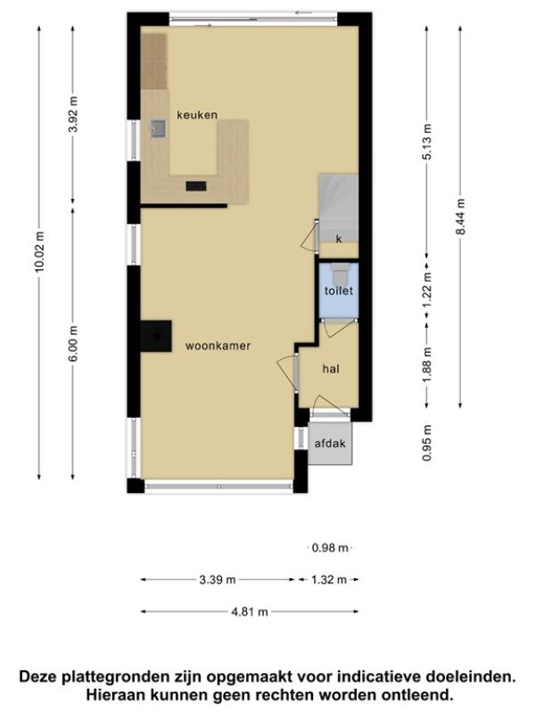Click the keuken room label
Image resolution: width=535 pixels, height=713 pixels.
coord(197,115)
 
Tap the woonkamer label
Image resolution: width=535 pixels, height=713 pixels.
coord(218,346)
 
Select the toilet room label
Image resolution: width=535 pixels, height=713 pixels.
coord(339,291)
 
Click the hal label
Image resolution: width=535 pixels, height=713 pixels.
coord(331,369)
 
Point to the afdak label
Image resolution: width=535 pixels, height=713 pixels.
coord(330,443)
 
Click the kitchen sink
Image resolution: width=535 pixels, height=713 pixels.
coord(158,128)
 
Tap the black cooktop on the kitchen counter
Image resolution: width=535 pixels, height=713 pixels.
coord(196,186)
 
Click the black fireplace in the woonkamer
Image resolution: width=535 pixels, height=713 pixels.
coord(156,336)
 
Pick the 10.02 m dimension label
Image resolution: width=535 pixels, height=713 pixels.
coord(39,252)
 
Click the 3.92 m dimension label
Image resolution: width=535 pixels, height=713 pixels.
coord(73,114)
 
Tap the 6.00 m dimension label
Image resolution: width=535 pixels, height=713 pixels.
coord(73,343)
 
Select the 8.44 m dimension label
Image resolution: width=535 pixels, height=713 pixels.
coord(460,217)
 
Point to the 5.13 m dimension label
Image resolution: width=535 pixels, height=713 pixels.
coord(427,142)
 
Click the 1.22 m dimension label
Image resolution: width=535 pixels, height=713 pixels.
coord(427,291)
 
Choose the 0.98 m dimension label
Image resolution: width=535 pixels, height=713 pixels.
coord(330,548)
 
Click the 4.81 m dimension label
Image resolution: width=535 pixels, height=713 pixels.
coord(250,612)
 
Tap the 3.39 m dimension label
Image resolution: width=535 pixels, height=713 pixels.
coord(218,580)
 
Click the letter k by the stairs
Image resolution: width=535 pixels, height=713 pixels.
coord(339,239)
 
